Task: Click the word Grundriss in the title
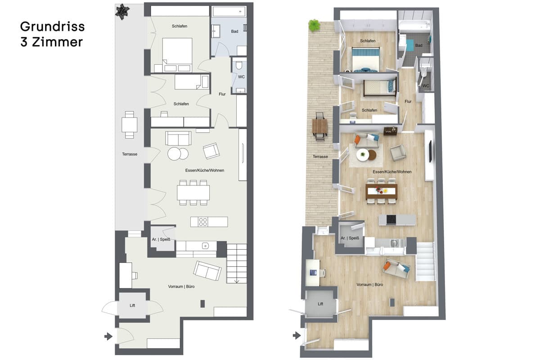tap(52, 27)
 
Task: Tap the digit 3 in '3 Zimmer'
tap(23, 42)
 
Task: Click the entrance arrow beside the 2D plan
tap(108, 336)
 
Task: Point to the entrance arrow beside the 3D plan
tap(297, 335)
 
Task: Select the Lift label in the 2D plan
tap(132, 306)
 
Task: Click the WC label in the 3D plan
tap(426, 85)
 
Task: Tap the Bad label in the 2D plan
tap(234, 31)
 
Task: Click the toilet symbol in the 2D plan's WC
tap(239, 65)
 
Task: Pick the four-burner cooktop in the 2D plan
tap(203, 222)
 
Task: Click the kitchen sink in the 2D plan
tap(205, 246)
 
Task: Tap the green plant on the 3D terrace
tap(314, 26)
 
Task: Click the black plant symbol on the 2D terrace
tap(122, 11)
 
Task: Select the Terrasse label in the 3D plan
tap(320, 157)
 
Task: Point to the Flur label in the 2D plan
tap(222, 94)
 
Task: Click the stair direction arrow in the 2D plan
tap(237, 281)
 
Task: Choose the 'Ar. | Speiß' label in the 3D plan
tap(350, 238)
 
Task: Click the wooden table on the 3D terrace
tap(319, 126)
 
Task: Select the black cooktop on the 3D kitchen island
tap(391, 220)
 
